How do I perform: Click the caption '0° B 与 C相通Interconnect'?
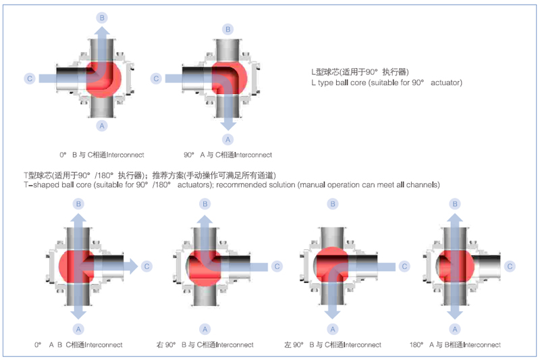pos(101,155)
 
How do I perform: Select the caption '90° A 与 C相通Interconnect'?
pos(227,155)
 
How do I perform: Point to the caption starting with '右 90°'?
pos(205,344)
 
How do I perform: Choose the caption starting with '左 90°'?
pos(333,344)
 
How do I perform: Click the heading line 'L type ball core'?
pos(386,82)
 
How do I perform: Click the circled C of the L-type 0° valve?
pos(29,78)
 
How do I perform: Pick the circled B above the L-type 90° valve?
pos(227,29)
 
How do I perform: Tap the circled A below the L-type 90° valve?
pos(227,139)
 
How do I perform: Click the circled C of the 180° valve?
pos(511,266)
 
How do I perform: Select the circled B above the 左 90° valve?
pos(333,203)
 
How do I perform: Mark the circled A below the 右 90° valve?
pos(205,329)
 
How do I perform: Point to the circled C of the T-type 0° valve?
pos(146,266)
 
